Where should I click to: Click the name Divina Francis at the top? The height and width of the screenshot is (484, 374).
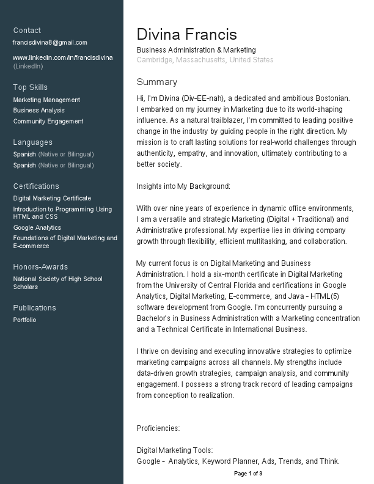(186, 34)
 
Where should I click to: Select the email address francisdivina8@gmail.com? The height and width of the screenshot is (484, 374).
(50, 43)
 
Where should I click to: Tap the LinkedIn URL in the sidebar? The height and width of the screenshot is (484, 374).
(63, 57)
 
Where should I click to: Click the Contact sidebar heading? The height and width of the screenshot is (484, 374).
(27, 31)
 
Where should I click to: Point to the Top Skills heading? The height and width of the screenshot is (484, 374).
(30, 87)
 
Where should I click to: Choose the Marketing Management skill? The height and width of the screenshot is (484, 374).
(46, 100)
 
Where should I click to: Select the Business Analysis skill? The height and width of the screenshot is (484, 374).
(38, 111)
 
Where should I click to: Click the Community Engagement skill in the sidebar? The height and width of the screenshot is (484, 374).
(48, 122)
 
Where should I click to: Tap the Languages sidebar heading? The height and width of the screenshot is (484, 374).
(32, 142)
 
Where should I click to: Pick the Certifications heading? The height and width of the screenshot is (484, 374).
(36, 186)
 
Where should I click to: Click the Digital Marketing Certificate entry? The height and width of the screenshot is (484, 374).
(52, 199)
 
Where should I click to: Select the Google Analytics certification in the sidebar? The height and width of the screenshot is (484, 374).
(37, 228)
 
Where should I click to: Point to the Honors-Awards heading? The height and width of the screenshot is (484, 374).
(40, 267)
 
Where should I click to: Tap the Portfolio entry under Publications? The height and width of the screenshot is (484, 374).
(24, 320)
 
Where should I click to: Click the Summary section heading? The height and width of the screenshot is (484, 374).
(156, 82)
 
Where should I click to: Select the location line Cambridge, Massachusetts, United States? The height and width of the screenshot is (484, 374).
(205, 60)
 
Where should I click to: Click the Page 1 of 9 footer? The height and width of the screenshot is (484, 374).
(248, 474)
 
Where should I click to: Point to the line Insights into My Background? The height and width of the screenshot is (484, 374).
(183, 186)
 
